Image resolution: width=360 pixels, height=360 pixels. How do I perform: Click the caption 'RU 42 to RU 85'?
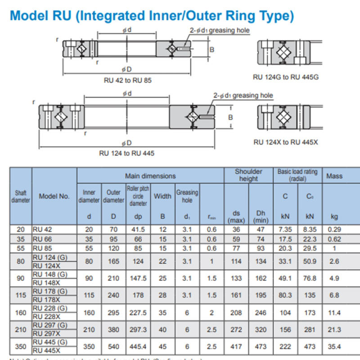tap(128, 81)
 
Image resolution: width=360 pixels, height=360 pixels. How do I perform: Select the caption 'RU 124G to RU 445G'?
tap(286, 77)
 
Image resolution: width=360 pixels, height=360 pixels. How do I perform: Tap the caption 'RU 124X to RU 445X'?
tap(286, 142)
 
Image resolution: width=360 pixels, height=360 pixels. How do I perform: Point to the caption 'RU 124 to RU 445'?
tap(126, 153)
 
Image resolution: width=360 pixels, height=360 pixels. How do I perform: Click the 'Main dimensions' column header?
tap(150, 175)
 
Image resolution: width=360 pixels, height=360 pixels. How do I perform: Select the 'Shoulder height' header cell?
tap(248, 175)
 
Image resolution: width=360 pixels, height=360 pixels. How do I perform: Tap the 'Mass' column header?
tap(334, 176)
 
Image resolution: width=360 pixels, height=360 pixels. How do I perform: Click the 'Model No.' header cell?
tap(54, 196)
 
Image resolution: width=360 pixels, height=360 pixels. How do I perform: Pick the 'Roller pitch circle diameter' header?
tap(138, 196)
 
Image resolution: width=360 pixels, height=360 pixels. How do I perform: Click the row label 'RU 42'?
tap(42, 229)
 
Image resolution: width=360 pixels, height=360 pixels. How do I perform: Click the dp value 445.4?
tap(138, 346)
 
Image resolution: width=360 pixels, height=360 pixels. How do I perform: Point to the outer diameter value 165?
tap(113, 261)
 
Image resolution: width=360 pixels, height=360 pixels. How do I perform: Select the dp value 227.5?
tap(138, 312)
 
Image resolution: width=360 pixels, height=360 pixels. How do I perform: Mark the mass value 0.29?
tap(334, 229)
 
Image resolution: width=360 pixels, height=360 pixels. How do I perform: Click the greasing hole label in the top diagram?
tap(220, 30)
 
